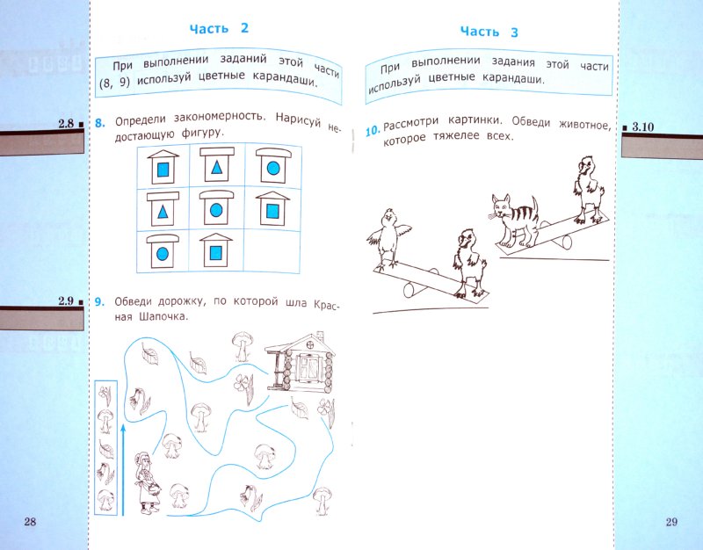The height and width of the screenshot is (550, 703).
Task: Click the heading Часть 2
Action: [219, 29]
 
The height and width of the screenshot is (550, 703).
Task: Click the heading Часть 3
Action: [489, 32]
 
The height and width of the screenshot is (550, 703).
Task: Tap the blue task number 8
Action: [100, 123]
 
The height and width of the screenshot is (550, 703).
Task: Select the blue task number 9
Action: [99, 302]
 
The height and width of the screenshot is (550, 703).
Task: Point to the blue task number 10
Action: [373, 131]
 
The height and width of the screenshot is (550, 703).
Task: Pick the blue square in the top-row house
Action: [163, 169]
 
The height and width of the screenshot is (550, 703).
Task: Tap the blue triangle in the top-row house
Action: [216, 168]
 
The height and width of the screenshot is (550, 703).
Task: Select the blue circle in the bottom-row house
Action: [163, 254]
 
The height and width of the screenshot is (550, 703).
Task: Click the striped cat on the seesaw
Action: [514, 221]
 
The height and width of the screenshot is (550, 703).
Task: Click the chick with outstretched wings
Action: [389, 237]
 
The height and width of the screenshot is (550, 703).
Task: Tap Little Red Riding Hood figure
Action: [148, 481]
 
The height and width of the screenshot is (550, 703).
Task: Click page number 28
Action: [30, 521]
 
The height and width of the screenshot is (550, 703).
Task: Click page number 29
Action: [671, 521]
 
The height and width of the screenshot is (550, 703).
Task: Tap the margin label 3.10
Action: [643, 127]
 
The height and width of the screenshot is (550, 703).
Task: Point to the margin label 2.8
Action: [66, 123]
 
